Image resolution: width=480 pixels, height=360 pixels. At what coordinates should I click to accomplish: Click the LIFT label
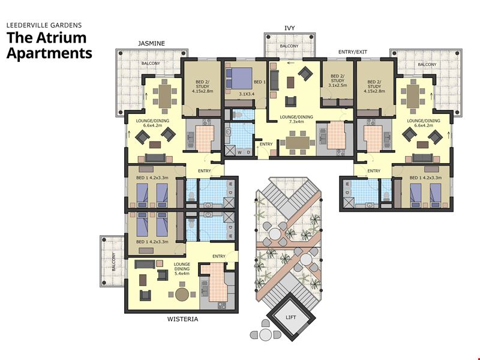(290, 317)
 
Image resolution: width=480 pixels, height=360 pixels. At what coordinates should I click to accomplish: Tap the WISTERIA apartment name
(182, 319)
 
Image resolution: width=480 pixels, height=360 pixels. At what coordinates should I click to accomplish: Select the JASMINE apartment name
(151, 43)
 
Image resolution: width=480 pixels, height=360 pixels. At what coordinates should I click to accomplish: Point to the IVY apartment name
(290, 28)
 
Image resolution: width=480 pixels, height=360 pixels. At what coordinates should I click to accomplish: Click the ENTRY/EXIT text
(353, 52)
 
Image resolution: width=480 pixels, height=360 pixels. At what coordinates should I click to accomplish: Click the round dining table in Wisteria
(182, 294)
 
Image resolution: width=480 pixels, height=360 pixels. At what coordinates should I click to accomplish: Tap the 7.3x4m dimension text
(296, 122)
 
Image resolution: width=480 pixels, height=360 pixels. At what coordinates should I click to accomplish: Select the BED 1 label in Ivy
(260, 82)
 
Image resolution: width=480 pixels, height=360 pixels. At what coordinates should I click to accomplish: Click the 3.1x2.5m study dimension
(338, 85)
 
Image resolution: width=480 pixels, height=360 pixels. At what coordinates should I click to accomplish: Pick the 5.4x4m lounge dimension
(182, 274)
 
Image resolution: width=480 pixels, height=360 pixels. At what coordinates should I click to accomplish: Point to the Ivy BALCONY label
(289, 46)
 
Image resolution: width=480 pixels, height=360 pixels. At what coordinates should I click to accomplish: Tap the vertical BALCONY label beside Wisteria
(113, 262)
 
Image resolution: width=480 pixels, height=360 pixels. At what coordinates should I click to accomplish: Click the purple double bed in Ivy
(239, 79)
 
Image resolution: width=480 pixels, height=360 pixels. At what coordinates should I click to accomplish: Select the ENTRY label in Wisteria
(219, 256)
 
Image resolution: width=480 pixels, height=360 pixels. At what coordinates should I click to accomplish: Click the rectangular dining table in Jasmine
(165, 96)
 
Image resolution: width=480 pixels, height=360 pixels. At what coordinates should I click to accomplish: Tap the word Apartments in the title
(49, 53)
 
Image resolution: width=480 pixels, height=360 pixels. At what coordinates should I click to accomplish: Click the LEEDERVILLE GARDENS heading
(44, 25)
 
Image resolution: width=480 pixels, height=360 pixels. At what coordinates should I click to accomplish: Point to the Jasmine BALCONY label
(151, 64)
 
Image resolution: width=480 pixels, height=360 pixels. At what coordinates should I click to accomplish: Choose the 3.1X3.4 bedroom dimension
(247, 94)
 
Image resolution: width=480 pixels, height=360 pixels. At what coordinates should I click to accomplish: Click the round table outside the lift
(266, 335)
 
